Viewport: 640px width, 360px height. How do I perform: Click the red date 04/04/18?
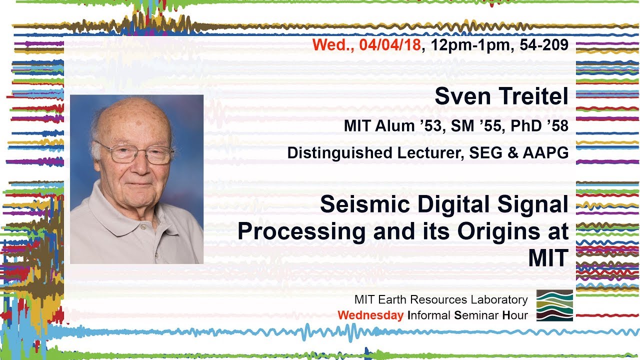(390, 45)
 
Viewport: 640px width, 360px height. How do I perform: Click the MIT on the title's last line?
(548, 258)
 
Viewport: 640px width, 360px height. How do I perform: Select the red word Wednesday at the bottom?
(370, 315)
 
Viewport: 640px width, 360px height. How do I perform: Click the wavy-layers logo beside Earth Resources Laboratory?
(554, 305)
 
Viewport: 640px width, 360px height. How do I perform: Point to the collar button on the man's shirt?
(143, 227)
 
